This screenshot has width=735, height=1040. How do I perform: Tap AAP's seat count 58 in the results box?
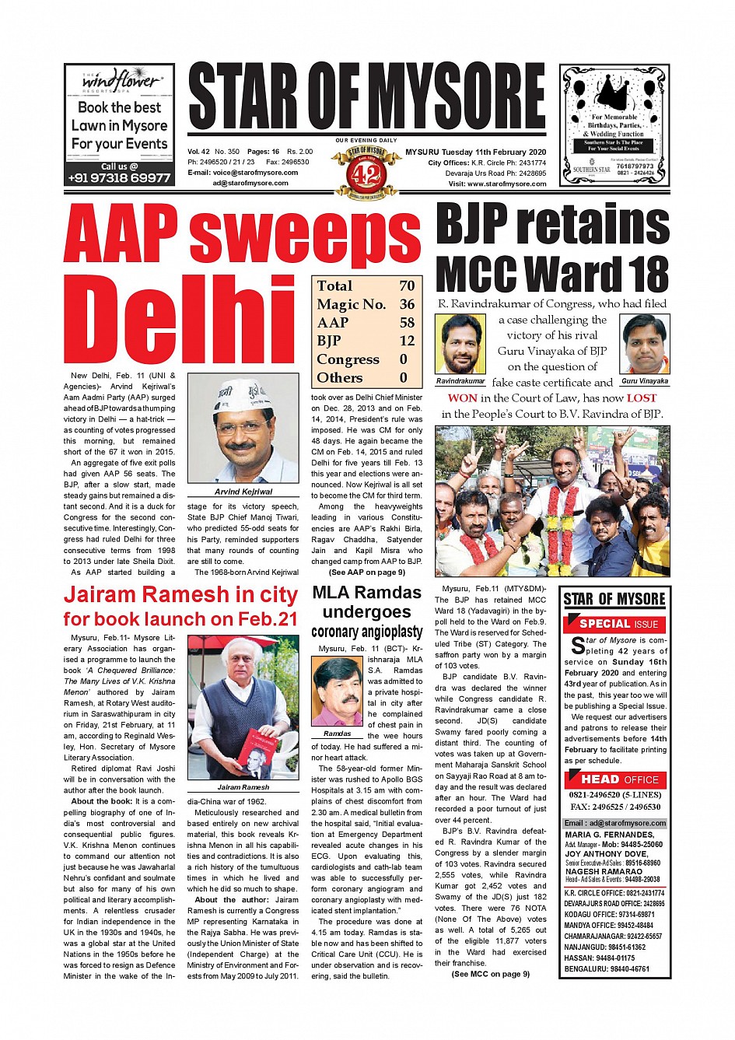pyautogui.click(x=407, y=323)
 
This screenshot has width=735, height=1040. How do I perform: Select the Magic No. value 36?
pyautogui.click(x=407, y=304)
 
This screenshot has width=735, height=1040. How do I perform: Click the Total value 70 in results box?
pyautogui.click(x=407, y=286)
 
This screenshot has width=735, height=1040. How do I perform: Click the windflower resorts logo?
pyautogui.click(x=120, y=80)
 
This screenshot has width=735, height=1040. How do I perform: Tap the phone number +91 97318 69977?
pyautogui.click(x=119, y=178)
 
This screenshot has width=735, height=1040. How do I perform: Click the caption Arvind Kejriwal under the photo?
pyautogui.click(x=243, y=492)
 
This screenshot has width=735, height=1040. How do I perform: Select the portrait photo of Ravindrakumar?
pyautogui.click(x=460, y=345)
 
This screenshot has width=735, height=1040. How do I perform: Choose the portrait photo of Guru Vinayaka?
pyautogui.click(x=645, y=345)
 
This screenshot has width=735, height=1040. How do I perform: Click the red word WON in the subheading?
pyautogui.click(x=463, y=398)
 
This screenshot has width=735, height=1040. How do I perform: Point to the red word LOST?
pyautogui.click(x=642, y=398)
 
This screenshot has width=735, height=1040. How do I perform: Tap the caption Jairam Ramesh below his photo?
pyautogui.click(x=243, y=787)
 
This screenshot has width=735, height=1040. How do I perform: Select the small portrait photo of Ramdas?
pyautogui.click(x=337, y=692)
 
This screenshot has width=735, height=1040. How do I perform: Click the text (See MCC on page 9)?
pyautogui.click(x=490, y=974)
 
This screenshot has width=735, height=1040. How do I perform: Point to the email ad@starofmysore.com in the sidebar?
pyautogui.click(x=614, y=823)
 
